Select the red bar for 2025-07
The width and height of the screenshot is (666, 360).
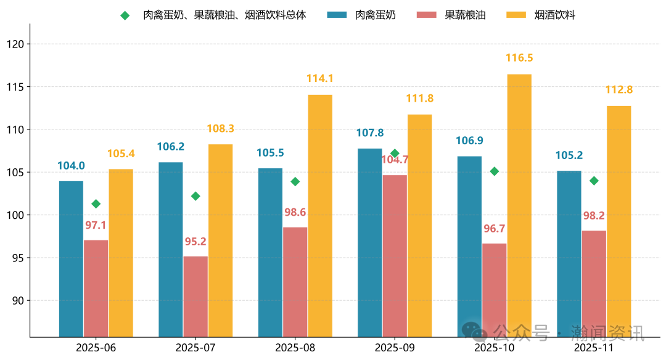pos(195,297)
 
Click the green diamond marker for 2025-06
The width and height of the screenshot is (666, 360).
pos(96,204)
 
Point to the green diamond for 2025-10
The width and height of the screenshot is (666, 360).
pos(494,171)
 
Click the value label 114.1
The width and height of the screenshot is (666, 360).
pos(319,78)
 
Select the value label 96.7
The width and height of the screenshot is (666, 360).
pos(494,229)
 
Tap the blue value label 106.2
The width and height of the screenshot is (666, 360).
pos(171,147)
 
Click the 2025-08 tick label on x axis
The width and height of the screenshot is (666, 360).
pos(295,348)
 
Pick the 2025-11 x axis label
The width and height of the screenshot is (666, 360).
pos(594,348)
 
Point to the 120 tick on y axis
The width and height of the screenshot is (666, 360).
pos(15,44)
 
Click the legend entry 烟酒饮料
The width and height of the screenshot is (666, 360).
pos(554,15)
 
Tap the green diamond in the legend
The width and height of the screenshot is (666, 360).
pos(125,15)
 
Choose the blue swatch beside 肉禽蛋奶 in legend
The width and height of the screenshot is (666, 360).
pos(338,15)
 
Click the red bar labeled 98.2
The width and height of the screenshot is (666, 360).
pos(594,284)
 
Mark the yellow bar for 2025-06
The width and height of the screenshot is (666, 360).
pos(121,253)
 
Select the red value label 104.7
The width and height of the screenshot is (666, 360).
pos(395,160)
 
